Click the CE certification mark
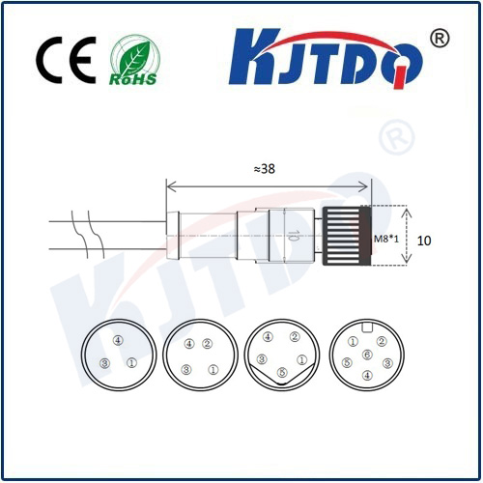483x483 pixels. pyautogui.click(x=66, y=60)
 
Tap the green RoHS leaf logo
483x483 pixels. pyautogui.click(x=134, y=60)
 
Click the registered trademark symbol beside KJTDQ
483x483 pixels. pyautogui.click(x=440, y=39)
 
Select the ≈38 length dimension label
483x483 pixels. pyautogui.click(x=265, y=169)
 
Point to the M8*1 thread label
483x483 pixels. pyautogui.click(x=386, y=239)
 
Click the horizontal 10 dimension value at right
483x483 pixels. pyautogui.click(x=424, y=241)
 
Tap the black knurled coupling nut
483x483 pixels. pyautogui.click(x=347, y=236)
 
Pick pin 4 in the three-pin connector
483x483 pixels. pyautogui.click(x=118, y=340)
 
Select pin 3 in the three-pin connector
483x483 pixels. pyautogui.click(x=105, y=363)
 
